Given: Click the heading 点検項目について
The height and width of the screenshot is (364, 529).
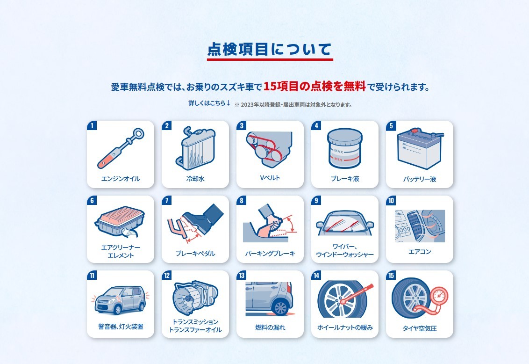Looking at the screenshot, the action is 270,49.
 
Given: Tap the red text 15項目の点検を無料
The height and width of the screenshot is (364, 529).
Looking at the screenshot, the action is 315,87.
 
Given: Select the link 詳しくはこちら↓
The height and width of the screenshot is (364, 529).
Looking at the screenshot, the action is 209,103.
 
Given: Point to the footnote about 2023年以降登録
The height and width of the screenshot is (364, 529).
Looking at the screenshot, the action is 293,105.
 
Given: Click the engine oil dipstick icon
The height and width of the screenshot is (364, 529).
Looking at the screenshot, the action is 121,148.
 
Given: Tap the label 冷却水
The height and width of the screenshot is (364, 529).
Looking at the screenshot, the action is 195,179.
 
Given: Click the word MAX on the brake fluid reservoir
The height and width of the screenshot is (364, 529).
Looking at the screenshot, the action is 338,151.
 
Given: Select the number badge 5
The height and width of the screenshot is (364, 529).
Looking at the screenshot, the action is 391,125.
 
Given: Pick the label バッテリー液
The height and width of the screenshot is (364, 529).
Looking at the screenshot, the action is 420,179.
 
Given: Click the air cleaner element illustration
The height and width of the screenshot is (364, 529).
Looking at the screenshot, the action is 120,221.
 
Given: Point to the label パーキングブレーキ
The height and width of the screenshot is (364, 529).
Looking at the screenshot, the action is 270,254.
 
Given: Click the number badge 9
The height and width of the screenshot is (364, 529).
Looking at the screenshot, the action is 316,201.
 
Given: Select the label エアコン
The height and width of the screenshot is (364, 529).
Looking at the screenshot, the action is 420,252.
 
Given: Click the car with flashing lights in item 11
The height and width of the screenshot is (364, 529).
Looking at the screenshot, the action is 120,300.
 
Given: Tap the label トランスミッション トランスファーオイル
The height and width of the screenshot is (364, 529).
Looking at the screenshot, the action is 195,326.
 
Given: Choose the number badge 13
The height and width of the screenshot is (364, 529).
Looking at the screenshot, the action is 242,276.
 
